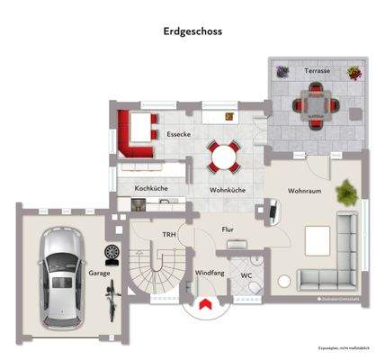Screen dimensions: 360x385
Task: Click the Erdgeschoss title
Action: tap(192, 30)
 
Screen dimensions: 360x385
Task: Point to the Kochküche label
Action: tap(151, 188)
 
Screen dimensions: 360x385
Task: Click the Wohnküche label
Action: tap(228, 191)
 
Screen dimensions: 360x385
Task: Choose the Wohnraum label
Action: tap(305, 191)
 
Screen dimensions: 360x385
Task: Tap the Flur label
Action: tap(228, 230)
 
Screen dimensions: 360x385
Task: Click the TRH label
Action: tap(168, 235)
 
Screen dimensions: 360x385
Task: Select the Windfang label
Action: tap(210, 273)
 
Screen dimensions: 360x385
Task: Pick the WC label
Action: tap(246, 274)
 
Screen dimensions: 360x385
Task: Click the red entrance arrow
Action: tap(205, 306)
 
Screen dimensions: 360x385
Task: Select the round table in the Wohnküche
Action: tap(224, 157)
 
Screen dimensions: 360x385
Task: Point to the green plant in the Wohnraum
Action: tap(346, 191)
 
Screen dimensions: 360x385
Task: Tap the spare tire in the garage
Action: tap(112, 253)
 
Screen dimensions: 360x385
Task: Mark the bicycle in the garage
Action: tap(112, 298)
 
